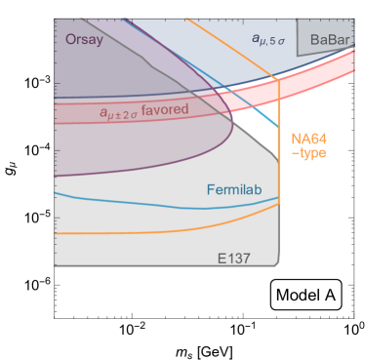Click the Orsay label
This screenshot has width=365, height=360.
[x=85, y=40]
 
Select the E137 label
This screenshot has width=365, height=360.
[x=236, y=257]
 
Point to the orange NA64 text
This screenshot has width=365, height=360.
[x=309, y=140]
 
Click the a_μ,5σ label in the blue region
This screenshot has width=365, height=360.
[x=267, y=39]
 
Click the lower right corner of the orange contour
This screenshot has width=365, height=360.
[x=280, y=203]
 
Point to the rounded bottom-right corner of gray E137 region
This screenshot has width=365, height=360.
[x=278, y=263]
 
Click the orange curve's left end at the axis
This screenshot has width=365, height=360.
[x=56, y=234]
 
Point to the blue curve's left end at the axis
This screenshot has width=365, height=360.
[x=56, y=194]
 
